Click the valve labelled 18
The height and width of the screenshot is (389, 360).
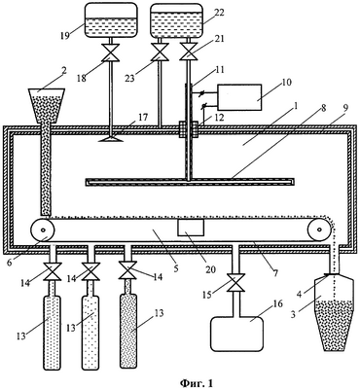click(x=111, y=53)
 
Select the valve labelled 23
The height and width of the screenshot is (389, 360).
click(x=160, y=52)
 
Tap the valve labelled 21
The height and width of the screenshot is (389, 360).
click(x=188, y=52)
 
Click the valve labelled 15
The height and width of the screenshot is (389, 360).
click(x=235, y=282)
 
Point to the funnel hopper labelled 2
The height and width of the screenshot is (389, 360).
click(x=47, y=106)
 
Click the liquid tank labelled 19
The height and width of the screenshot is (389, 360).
click(x=109, y=20)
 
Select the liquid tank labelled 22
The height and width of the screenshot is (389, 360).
click(x=176, y=20)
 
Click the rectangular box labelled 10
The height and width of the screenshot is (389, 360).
click(x=239, y=97)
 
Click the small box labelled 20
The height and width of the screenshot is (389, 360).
click(x=191, y=228)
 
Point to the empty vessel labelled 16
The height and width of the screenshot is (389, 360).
click(x=236, y=334)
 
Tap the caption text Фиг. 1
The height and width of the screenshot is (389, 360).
click(x=197, y=383)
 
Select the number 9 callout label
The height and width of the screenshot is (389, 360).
click(x=345, y=108)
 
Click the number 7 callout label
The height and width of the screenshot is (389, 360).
click(x=275, y=273)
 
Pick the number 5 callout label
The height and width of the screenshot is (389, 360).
click(x=175, y=268)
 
